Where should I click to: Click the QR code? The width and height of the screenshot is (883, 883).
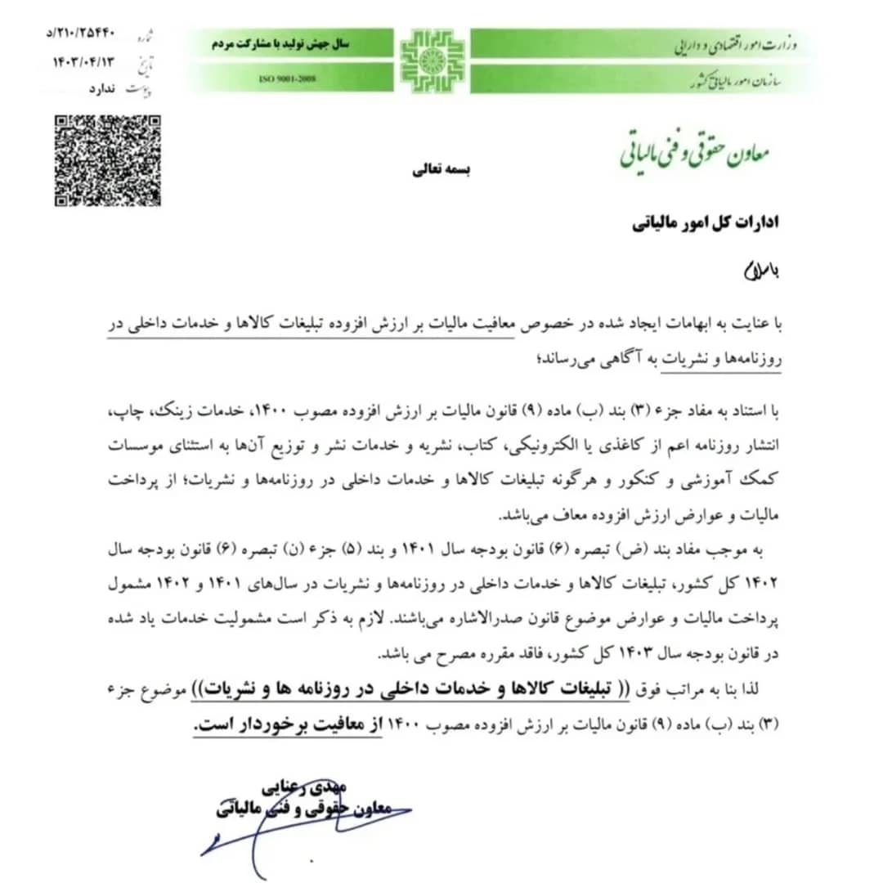(x=107, y=160)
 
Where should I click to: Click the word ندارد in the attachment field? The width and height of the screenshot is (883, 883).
(x=101, y=87)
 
